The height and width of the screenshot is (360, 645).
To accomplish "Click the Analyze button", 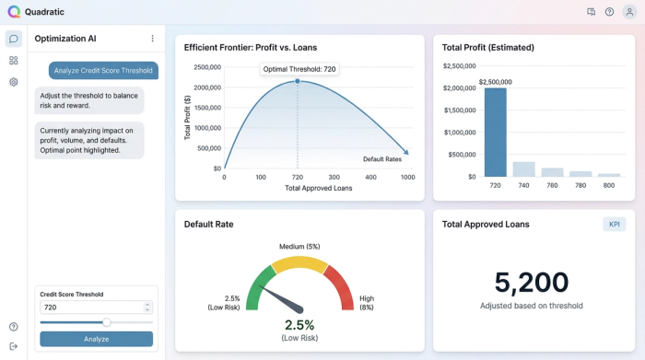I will pos(96,339).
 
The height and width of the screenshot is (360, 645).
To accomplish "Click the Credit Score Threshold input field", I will pos(96,307).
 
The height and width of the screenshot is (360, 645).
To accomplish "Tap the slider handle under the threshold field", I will pos(107,322).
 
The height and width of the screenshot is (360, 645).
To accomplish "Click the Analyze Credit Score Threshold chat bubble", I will pos(103,70).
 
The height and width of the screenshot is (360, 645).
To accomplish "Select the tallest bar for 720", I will pos(496,132).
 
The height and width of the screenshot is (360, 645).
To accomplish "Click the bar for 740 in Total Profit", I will pos(523,168).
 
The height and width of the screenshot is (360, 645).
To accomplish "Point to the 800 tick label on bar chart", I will pos(609,185).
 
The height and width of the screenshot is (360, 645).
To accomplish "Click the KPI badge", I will pos(614,225).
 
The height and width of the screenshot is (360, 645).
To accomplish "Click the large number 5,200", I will pos(531,282).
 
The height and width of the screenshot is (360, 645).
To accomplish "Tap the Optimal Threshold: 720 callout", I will pos(298,69).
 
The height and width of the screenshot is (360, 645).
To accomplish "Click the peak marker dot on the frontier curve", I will pos(298,81).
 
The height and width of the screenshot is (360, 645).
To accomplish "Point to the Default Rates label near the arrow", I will pos(381,159).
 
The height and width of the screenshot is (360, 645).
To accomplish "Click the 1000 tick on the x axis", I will pos(408,177).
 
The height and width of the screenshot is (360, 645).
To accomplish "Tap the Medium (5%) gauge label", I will pos(299,246).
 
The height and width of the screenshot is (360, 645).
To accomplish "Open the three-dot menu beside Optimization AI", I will pos(153,39).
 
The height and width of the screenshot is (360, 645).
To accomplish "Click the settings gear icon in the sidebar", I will pos(14,82).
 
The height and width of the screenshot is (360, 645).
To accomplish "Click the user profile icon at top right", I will pos(629,12).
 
